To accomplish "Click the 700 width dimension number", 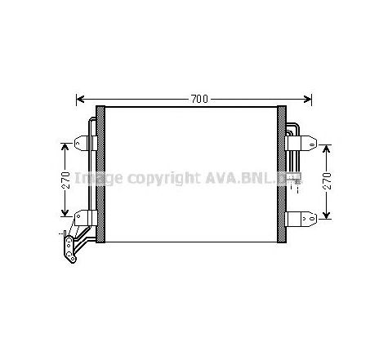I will point(198,100).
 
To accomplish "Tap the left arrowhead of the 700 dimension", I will point(80,100).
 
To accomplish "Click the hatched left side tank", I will point(100,171).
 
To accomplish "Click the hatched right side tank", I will point(283,171).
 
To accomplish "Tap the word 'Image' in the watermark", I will point(97,177).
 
